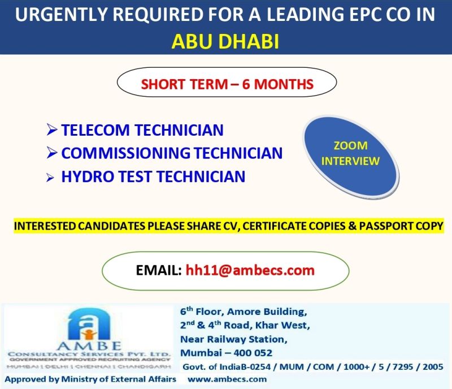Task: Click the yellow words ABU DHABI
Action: tap(225, 41)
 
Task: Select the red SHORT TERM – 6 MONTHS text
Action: tap(227, 84)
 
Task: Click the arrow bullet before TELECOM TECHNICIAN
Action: tap(52, 129)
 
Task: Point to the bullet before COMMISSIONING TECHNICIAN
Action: tap(52, 153)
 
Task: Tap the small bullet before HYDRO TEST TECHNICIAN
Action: tap(50, 178)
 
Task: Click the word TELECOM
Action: tap(95, 130)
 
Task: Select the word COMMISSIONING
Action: tap(125, 153)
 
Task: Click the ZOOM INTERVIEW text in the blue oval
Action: tap(350, 153)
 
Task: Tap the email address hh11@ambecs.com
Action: tap(250, 270)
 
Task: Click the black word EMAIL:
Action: tap(159, 270)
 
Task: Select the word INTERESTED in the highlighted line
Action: tap(45, 226)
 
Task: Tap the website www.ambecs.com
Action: tap(227, 379)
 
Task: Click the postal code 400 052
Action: tap(253, 353)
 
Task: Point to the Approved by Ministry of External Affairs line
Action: tap(90, 379)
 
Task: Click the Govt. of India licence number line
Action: tap(313, 367)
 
